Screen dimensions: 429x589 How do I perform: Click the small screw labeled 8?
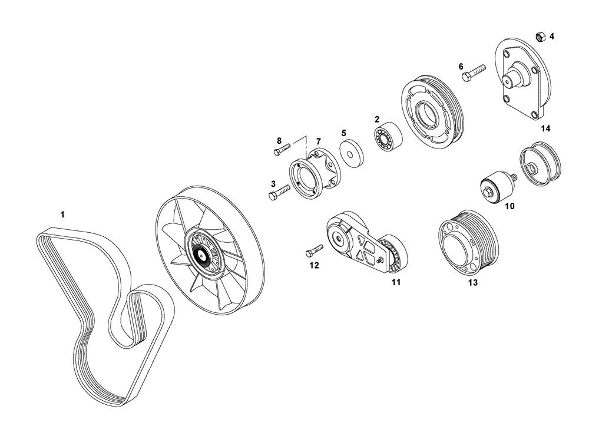pyautogui.click(x=282, y=150)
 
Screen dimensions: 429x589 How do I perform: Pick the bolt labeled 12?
pyautogui.click(x=315, y=252)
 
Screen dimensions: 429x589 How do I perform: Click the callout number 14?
pyautogui.click(x=545, y=128)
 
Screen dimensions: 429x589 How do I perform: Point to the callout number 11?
pyautogui.click(x=396, y=283)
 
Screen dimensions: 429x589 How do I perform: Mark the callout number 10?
pyautogui.click(x=509, y=206)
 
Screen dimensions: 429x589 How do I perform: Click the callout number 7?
pyautogui.click(x=318, y=141)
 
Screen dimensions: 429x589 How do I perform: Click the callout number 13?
pyautogui.click(x=472, y=283)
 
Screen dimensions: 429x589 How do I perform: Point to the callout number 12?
pyautogui.click(x=314, y=266)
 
